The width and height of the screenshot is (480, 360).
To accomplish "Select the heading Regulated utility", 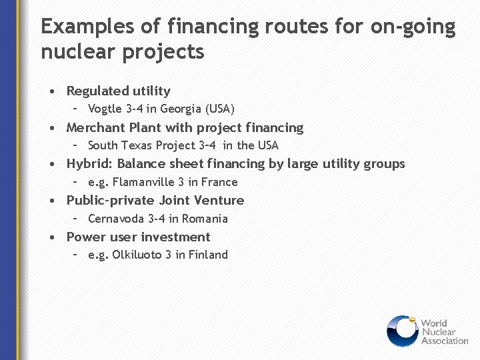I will (119, 91).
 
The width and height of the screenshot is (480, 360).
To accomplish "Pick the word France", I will (221, 182).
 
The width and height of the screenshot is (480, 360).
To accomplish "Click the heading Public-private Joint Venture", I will (155, 200).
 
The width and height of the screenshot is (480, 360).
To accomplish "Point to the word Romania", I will (205, 219).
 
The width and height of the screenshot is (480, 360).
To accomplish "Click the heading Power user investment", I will (138, 237).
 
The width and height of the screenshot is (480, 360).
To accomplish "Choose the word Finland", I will (208, 255).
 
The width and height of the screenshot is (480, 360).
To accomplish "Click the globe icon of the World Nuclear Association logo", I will (402, 331).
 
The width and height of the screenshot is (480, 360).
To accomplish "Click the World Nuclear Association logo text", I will (443, 331).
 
